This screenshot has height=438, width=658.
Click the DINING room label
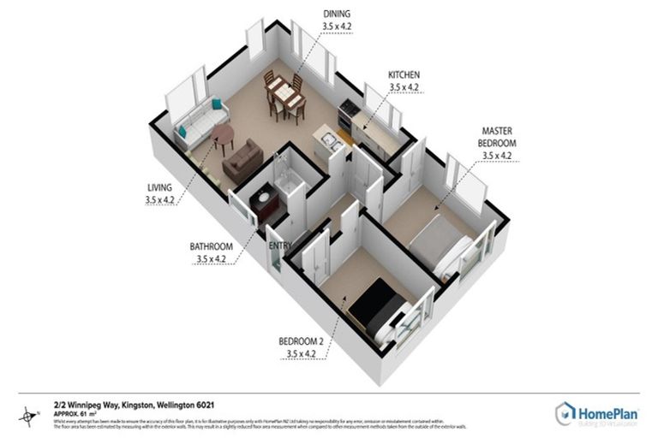coord(337,14)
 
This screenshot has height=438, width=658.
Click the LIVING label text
coord(159,187)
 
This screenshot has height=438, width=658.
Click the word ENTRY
coord(280,246)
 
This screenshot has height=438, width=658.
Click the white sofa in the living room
coord(198,126)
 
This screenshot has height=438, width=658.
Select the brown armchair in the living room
coord(242,160)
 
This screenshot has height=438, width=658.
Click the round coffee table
coord(223,134)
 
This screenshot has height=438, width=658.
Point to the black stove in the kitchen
coord(348,112)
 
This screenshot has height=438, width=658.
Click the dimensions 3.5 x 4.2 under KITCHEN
coord(405,86)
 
